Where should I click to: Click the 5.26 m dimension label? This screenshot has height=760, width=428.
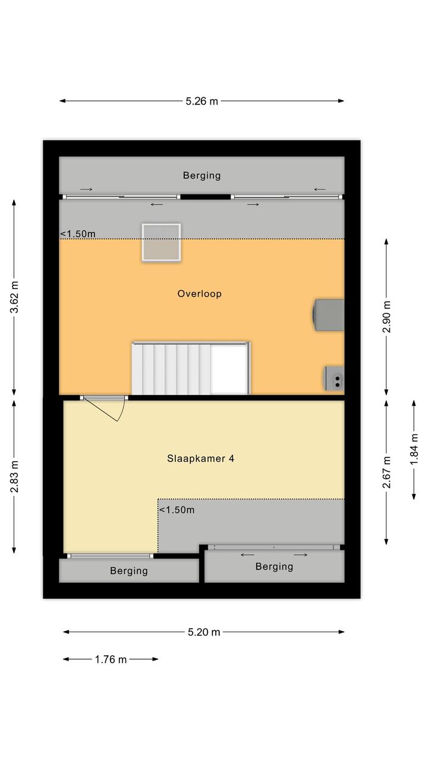click(202, 101)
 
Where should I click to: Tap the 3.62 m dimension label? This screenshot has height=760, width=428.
click(14, 297)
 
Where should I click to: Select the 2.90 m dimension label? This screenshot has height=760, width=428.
click(386, 316)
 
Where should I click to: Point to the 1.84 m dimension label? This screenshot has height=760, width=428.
click(414, 450)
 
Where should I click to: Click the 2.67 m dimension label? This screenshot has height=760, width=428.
click(386, 472)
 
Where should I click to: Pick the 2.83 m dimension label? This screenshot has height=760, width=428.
click(14, 477)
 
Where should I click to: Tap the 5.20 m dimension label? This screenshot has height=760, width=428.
click(204, 632)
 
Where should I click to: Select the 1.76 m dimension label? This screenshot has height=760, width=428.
click(111, 660)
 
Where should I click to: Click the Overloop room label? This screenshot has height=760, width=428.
click(199, 294)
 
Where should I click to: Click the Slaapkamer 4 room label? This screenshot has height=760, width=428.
click(200, 459)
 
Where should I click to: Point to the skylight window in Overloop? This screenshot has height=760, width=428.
click(161, 242)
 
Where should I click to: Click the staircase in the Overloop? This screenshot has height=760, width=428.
click(191, 368)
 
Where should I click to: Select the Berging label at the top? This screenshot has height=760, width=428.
click(202, 175)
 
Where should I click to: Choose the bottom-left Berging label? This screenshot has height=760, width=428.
click(129, 570)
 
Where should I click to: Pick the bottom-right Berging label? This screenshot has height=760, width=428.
click(274, 566)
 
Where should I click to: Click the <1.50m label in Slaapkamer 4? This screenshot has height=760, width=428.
click(177, 510)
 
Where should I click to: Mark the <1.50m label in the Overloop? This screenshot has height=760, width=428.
click(78, 234)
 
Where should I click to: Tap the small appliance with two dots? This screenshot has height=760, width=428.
click(334, 379)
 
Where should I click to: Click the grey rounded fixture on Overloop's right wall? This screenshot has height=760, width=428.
click(328, 315)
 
